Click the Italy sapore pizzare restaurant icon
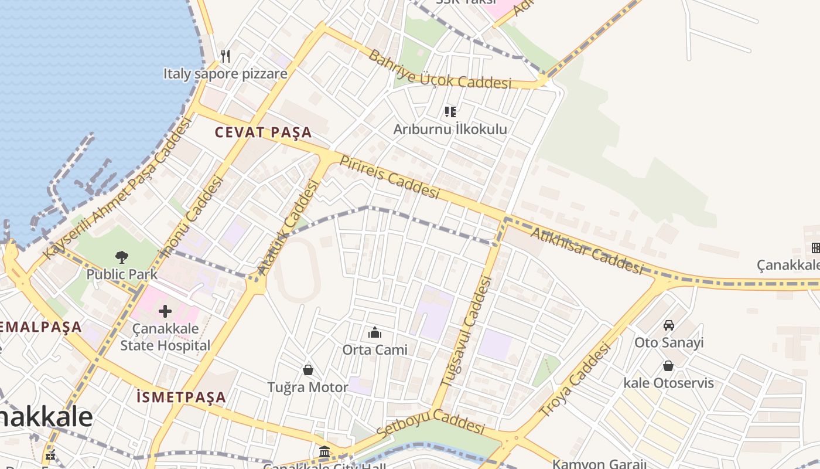tap(225, 56)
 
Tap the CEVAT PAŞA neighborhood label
tap(263, 132)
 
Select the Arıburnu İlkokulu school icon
tap(450, 111)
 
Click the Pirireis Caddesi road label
tap(389, 177)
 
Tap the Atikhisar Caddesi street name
tap(586, 251)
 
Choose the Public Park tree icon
tap(122, 257)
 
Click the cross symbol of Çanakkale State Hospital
tap(165, 311)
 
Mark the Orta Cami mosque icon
tap(375, 333)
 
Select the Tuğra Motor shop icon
tap(307, 370)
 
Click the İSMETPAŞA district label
tap(181, 397)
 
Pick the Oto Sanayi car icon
tap(669, 325)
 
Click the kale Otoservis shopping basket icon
tap(668, 366)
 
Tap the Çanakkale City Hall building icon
tap(324, 452)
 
